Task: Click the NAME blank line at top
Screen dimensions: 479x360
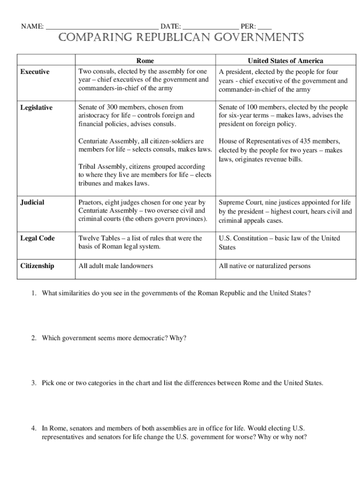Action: [x=102, y=27]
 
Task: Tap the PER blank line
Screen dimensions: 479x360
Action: [x=265, y=27]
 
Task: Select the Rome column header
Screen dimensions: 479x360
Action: [x=145, y=61]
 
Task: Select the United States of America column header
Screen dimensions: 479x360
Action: [x=285, y=61]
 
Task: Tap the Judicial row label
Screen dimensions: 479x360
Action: [x=32, y=203]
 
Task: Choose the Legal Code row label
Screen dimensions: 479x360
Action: [x=37, y=239]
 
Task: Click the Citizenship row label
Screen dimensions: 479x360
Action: [x=37, y=266]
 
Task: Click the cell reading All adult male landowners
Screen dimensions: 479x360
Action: [x=115, y=266]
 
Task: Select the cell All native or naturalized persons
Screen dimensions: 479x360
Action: [x=264, y=266]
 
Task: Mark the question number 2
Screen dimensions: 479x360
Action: [x=34, y=338]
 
